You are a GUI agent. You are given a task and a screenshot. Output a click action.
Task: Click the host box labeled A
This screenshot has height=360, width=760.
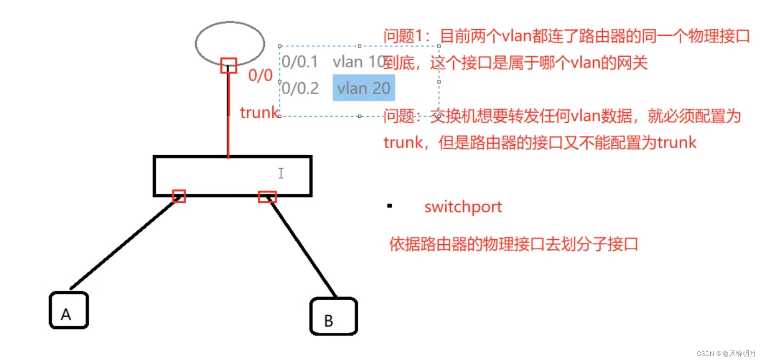[69, 310]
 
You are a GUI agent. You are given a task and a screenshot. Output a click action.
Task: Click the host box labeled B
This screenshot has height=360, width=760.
[333, 316]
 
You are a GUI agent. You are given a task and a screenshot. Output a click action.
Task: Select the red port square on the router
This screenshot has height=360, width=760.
[228, 65]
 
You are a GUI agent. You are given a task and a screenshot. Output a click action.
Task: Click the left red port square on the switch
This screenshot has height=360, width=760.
[179, 196]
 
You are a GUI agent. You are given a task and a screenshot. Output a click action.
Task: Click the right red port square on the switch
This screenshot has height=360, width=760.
[267, 197]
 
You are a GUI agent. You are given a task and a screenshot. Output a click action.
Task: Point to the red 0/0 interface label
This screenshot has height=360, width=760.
[260, 75]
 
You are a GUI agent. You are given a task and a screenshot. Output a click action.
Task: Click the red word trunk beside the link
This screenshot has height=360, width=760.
[259, 113]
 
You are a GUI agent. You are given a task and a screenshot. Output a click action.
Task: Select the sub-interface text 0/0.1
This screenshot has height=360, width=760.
[300, 62]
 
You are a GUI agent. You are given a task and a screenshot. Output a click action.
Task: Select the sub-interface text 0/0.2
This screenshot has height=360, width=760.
[300, 88]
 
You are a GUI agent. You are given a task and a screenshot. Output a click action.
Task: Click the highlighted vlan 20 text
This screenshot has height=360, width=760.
[363, 88]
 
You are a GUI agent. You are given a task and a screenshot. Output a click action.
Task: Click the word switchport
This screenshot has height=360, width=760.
[463, 207]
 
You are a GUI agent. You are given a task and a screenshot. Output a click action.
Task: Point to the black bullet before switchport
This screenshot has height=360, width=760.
[390, 206]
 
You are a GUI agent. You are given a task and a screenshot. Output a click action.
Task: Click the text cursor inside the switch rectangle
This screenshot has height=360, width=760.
[281, 173]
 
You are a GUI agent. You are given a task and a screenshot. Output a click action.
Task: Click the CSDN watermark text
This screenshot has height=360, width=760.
[726, 353]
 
